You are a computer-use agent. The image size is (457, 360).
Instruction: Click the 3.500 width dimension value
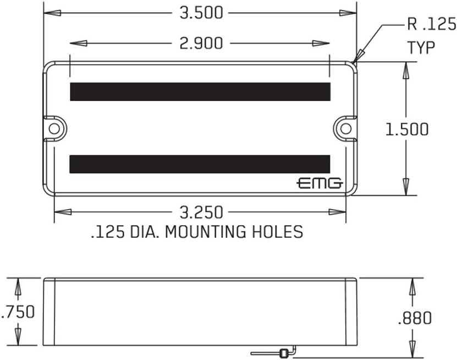[201, 13]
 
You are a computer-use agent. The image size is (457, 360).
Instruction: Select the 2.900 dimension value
[201, 43]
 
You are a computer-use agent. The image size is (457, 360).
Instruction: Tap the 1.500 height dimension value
[407, 129]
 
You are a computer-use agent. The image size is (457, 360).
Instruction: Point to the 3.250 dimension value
[201, 212]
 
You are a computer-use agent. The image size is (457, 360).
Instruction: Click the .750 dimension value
[18, 312]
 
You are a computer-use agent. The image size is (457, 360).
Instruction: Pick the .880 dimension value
[415, 318]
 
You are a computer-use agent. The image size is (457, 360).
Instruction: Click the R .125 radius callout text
[431, 24]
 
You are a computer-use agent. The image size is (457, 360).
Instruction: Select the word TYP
[421, 47]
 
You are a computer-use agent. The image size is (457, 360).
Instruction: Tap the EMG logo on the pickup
[320, 183]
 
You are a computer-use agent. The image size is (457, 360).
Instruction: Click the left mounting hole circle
[54, 129]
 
